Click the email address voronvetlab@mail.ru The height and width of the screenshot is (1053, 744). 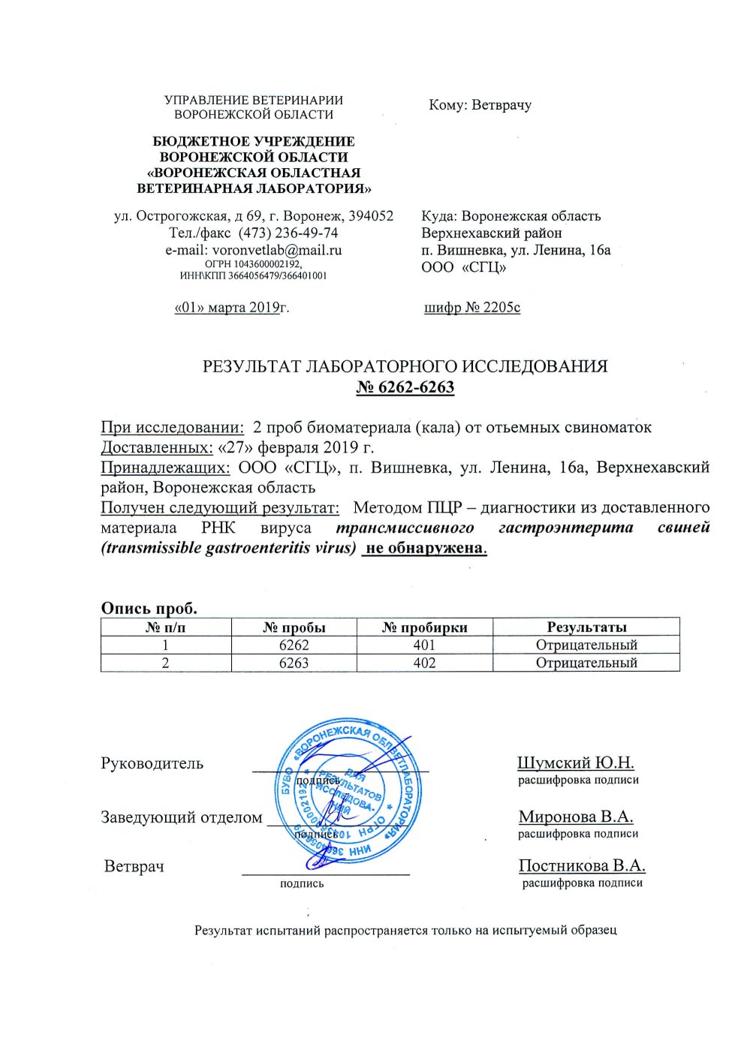(x=277, y=250)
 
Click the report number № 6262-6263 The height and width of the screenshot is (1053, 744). (x=405, y=387)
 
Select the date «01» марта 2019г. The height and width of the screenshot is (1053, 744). (x=231, y=307)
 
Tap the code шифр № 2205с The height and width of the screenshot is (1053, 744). (x=471, y=307)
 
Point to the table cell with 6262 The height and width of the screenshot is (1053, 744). (x=294, y=645)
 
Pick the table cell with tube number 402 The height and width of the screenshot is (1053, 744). (x=424, y=663)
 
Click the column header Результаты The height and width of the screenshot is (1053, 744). (x=586, y=627)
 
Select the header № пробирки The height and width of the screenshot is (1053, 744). (x=424, y=627)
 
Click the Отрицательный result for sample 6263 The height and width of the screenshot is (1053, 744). (x=586, y=663)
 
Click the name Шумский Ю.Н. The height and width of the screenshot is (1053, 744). (x=575, y=763)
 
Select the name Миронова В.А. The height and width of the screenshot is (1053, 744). (x=575, y=817)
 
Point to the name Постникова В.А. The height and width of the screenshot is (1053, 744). (x=582, y=865)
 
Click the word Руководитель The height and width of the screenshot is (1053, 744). (x=152, y=763)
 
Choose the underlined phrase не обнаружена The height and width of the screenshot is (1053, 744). (x=424, y=547)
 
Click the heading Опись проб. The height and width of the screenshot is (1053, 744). (x=149, y=608)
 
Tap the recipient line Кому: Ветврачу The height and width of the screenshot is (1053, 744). (x=480, y=105)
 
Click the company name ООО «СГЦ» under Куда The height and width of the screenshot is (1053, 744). (x=463, y=266)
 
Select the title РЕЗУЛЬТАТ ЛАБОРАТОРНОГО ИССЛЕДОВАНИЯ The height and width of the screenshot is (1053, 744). (x=405, y=366)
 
